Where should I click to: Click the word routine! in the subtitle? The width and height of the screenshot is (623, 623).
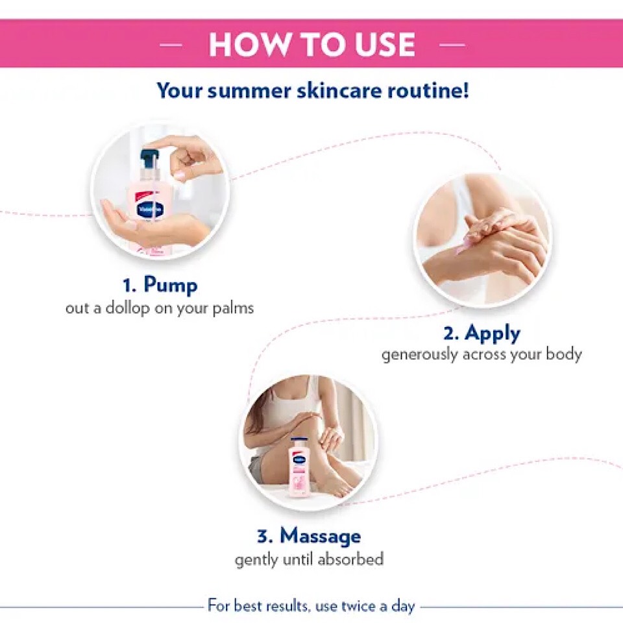[428, 90]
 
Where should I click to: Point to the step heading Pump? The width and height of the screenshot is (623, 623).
[170, 285]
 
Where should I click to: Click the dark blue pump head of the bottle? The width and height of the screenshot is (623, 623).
[148, 158]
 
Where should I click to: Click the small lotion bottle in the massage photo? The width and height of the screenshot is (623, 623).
[300, 466]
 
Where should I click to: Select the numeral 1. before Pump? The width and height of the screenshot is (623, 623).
[130, 286]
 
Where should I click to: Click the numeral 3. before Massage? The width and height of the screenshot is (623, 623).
[265, 536]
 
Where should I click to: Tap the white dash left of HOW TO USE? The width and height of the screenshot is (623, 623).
[171, 45]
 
